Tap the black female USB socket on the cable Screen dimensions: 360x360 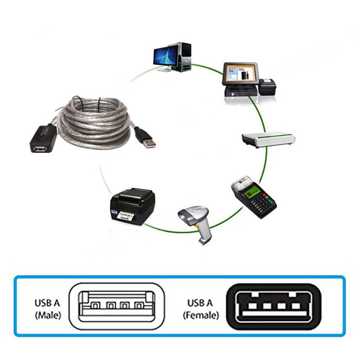pyautogui.click(x=43, y=140)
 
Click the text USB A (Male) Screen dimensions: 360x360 pyautogui.click(x=48, y=308)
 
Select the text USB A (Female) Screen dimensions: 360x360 pyautogui.click(x=201, y=308)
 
